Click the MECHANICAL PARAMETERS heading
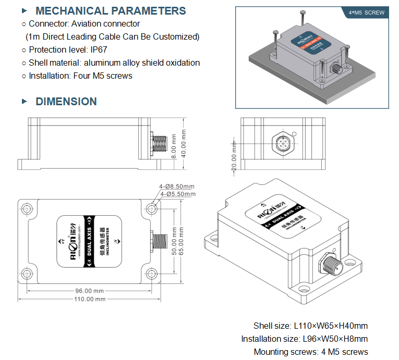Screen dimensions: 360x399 [111, 11]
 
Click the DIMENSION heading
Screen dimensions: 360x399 [66, 102]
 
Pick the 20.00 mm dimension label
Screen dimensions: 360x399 [234, 156]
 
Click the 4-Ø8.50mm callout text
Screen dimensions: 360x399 [177, 187]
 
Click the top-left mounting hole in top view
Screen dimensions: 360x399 [26, 208]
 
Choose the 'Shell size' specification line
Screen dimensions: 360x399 [310, 326]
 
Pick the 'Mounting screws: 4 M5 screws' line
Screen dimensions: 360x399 [310, 352]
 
